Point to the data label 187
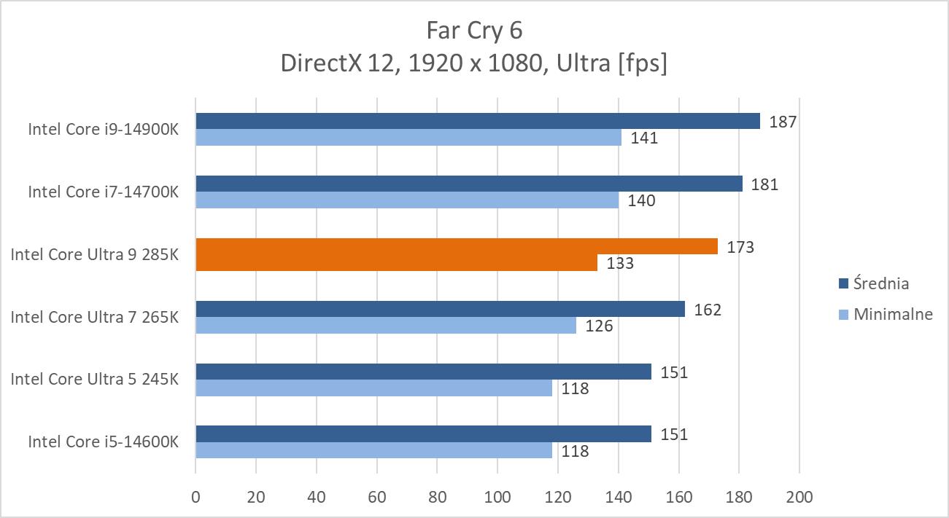pyautogui.click(x=782, y=122)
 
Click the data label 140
pyautogui.click(x=641, y=200)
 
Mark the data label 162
pyautogui.click(x=707, y=310)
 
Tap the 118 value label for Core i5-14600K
pyautogui.click(x=575, y=451)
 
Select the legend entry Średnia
pyautogui.click(x=880, y=283)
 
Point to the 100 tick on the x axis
pyautogui.click(x=497, y=498)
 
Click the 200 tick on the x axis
pyautogui.click(x=799, y=498)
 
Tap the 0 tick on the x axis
pyautogui.click(x=195, y=498)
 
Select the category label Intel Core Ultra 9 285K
pyautogui.click(x=94, y=255)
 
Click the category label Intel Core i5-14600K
pyautogui.click(x=103, y=442)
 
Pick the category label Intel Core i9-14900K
pyautogui.click(x=103, y=129)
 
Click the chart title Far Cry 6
pyautogui.click(x=474, y=31)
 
